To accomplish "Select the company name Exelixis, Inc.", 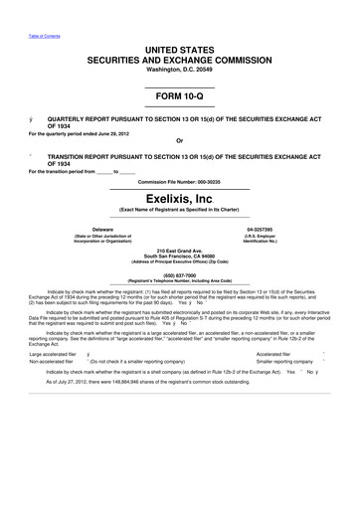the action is [180, 200].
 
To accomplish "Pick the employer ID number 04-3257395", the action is [258, 229].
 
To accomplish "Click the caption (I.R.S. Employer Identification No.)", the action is [258, 238].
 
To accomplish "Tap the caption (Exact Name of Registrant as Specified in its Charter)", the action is [180, 212].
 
